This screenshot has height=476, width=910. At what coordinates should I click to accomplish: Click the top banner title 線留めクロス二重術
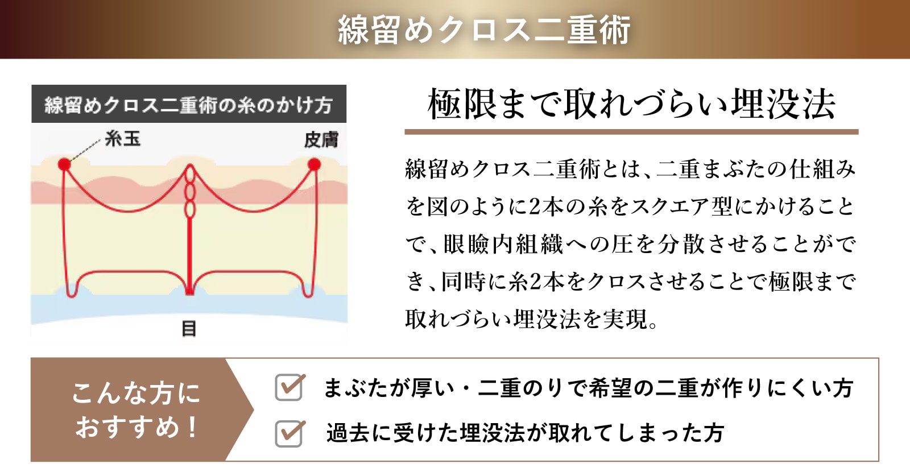tap(484, 29)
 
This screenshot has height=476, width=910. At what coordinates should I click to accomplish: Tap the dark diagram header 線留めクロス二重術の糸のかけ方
tap(189, 104)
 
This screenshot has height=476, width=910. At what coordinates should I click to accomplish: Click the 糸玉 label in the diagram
tap(123, 139)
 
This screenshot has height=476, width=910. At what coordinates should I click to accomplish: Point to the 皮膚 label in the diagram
tap(321, 140)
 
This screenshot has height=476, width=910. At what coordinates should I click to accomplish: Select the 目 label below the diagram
tap(189, 328)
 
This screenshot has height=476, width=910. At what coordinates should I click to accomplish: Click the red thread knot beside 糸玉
tap(64, 164)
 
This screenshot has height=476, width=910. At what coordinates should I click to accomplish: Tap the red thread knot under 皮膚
tap(314, 164)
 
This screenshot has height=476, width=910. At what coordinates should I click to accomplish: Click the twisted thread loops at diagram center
tap(190, 192)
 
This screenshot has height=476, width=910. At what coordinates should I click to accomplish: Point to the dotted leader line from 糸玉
tap(85, 150)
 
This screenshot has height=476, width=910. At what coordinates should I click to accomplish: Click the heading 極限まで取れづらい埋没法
tap(631, 105)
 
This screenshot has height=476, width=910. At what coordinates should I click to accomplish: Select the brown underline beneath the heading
tap(631, 132)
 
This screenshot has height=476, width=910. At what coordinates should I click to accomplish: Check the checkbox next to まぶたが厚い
tap(289, 387)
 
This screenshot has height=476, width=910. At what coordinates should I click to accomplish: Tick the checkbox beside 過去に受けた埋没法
tap(289, 433)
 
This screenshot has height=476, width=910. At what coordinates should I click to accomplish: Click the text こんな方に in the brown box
tap(136, 393)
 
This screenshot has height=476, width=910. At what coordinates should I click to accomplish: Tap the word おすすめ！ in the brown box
tap(136, 427)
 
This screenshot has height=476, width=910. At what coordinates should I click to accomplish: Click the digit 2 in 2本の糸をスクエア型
tap(535, 207)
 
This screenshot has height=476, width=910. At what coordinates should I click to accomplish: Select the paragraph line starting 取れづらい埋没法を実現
tap(531, 319)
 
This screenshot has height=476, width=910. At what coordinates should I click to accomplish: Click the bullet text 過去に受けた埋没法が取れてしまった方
tap(526, 433)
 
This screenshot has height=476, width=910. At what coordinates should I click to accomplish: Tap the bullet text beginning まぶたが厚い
tap(588, 388)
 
